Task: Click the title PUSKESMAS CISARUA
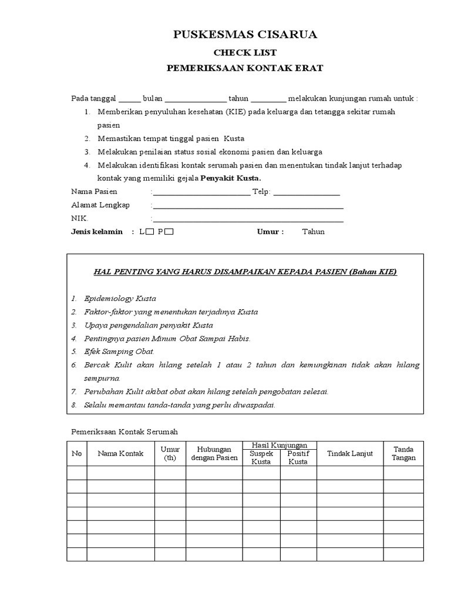click(245, 35)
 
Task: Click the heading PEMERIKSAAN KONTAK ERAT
click(245, 68)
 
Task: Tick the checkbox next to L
click(150, 232)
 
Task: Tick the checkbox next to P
click(169, 232)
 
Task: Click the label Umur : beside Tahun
click(270, 232)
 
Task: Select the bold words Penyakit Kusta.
click(231, 178)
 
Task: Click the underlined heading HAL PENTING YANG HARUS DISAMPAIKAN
click(245, 272)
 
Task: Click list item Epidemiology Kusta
click(120, 299)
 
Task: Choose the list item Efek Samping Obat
click(119, 352)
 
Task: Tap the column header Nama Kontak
click(120, 453)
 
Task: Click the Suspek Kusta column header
click(261, 457)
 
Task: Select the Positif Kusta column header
click(298, 457)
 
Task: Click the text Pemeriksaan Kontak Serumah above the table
click(124, 432)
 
